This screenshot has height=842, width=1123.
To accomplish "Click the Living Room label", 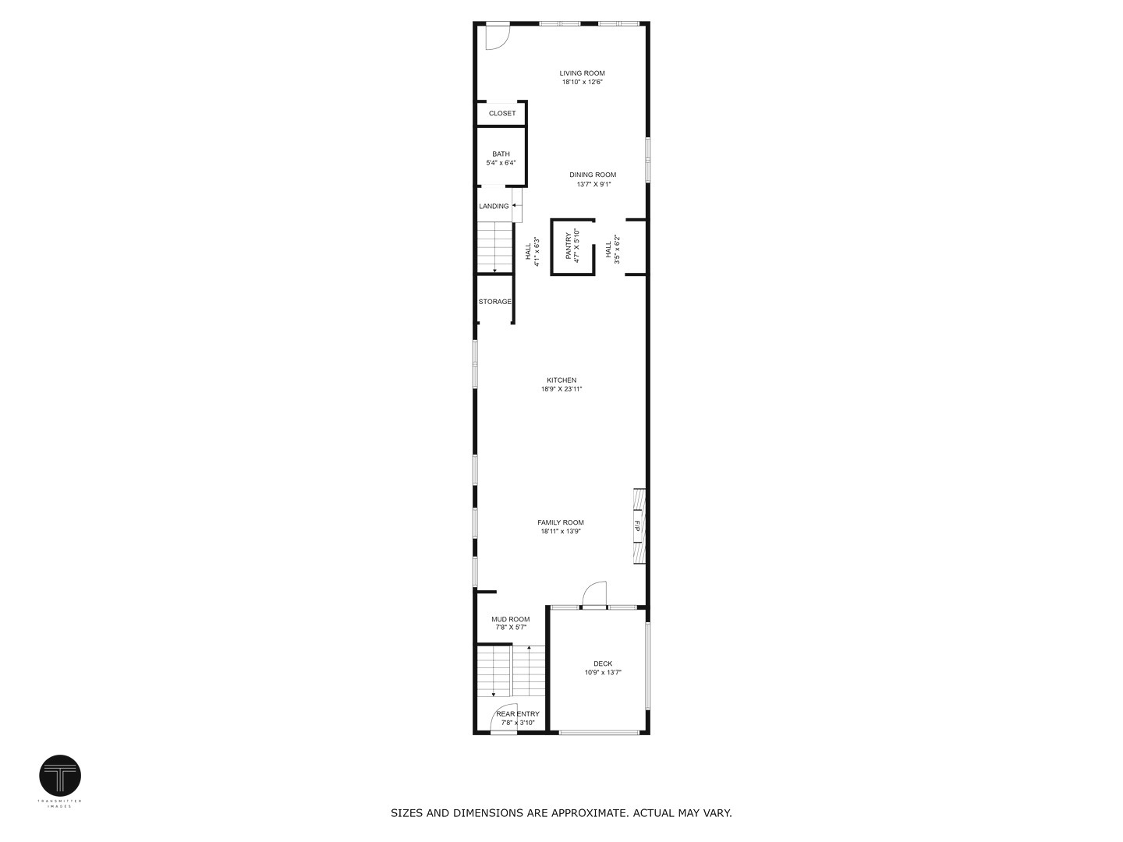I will [582, 73].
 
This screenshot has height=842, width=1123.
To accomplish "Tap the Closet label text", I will [502, 114].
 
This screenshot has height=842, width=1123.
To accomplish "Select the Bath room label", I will [501, 154].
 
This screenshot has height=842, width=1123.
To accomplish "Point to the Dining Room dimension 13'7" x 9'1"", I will [593, 185].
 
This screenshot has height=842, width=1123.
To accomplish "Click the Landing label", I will [494, 207].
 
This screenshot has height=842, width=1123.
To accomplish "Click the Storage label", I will [495, 302].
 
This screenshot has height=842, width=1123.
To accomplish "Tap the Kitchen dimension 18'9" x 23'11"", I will [561, 389].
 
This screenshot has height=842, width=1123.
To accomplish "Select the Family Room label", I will [560, 523].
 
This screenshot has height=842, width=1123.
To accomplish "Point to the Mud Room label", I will [510, 620].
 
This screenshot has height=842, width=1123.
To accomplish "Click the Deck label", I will [603, 664].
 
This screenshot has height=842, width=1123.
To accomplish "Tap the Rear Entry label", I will [518, 714].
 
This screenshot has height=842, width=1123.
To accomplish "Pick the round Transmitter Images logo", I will [60, 776].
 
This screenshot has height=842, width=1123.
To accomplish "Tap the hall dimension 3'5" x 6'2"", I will [617, 249].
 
